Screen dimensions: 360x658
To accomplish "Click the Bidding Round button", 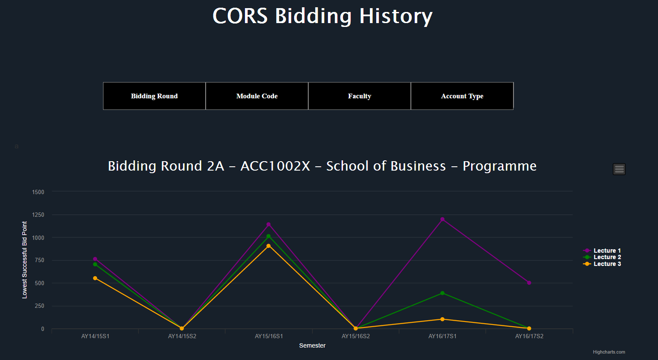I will tap(154, 96).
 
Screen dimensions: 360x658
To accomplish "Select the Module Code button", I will tap(257, 96).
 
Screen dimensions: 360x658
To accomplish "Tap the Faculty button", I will tap(360, 96).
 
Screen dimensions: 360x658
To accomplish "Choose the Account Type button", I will tap(462, 96).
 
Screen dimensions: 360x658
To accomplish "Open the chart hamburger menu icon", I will tap(619, 169).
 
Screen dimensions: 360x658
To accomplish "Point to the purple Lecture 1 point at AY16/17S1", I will tap(443, 219).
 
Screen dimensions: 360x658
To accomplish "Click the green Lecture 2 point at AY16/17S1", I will tap(443, 293).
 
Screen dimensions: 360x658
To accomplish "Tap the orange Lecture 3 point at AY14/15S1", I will tap(95, 278).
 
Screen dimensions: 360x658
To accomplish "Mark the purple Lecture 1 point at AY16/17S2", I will tap(529, 283).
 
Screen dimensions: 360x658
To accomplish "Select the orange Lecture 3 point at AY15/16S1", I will tap(269, 246).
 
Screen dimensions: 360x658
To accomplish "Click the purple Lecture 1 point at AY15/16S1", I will tap(269, 224).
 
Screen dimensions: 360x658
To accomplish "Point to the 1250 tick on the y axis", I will tap(38, 215).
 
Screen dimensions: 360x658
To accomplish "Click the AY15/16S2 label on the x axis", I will tap(356, 336).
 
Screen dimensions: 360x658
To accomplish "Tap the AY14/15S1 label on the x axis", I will tap(95, 336).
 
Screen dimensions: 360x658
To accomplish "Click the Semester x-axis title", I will tap(312, 345).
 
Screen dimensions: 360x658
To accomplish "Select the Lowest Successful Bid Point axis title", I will tap(24, 260).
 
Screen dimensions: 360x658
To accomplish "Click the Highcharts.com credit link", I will tap(609, 352).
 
